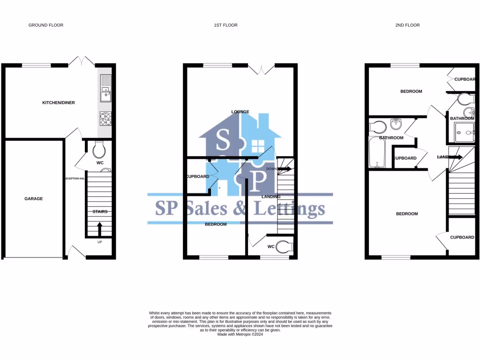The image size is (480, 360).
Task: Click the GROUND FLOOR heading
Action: pyautogui.click(x=46, y=25)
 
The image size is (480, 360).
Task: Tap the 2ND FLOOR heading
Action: pyautogui.click(x=407, y=25)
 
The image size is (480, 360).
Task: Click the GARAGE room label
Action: pyautogui.click(x=33, y=199)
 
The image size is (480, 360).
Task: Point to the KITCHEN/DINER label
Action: pyautogui.click(x=59, y=103)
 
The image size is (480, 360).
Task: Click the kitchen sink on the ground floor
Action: pyautogui.click(x=105, y=88)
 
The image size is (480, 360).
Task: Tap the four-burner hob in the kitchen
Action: pyautogui.click(x=105, y=119)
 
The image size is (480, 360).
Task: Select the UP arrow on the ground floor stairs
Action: pyautogui.click(x=99, y=229)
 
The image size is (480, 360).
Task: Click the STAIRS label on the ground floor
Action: pyautogui.click(x=99, y=212)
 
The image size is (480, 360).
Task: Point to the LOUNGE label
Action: pyautogui.click(x=240, y=112)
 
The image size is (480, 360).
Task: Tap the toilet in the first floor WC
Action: pyautogui.click(x=284, y=247)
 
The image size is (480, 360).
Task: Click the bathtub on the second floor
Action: pyautogui.click(x=377, y=153)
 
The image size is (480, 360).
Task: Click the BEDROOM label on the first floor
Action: pyautogui.click(x=216, y=225)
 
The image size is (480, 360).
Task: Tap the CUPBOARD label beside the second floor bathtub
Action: pyautogui.click(x=405, y=158)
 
